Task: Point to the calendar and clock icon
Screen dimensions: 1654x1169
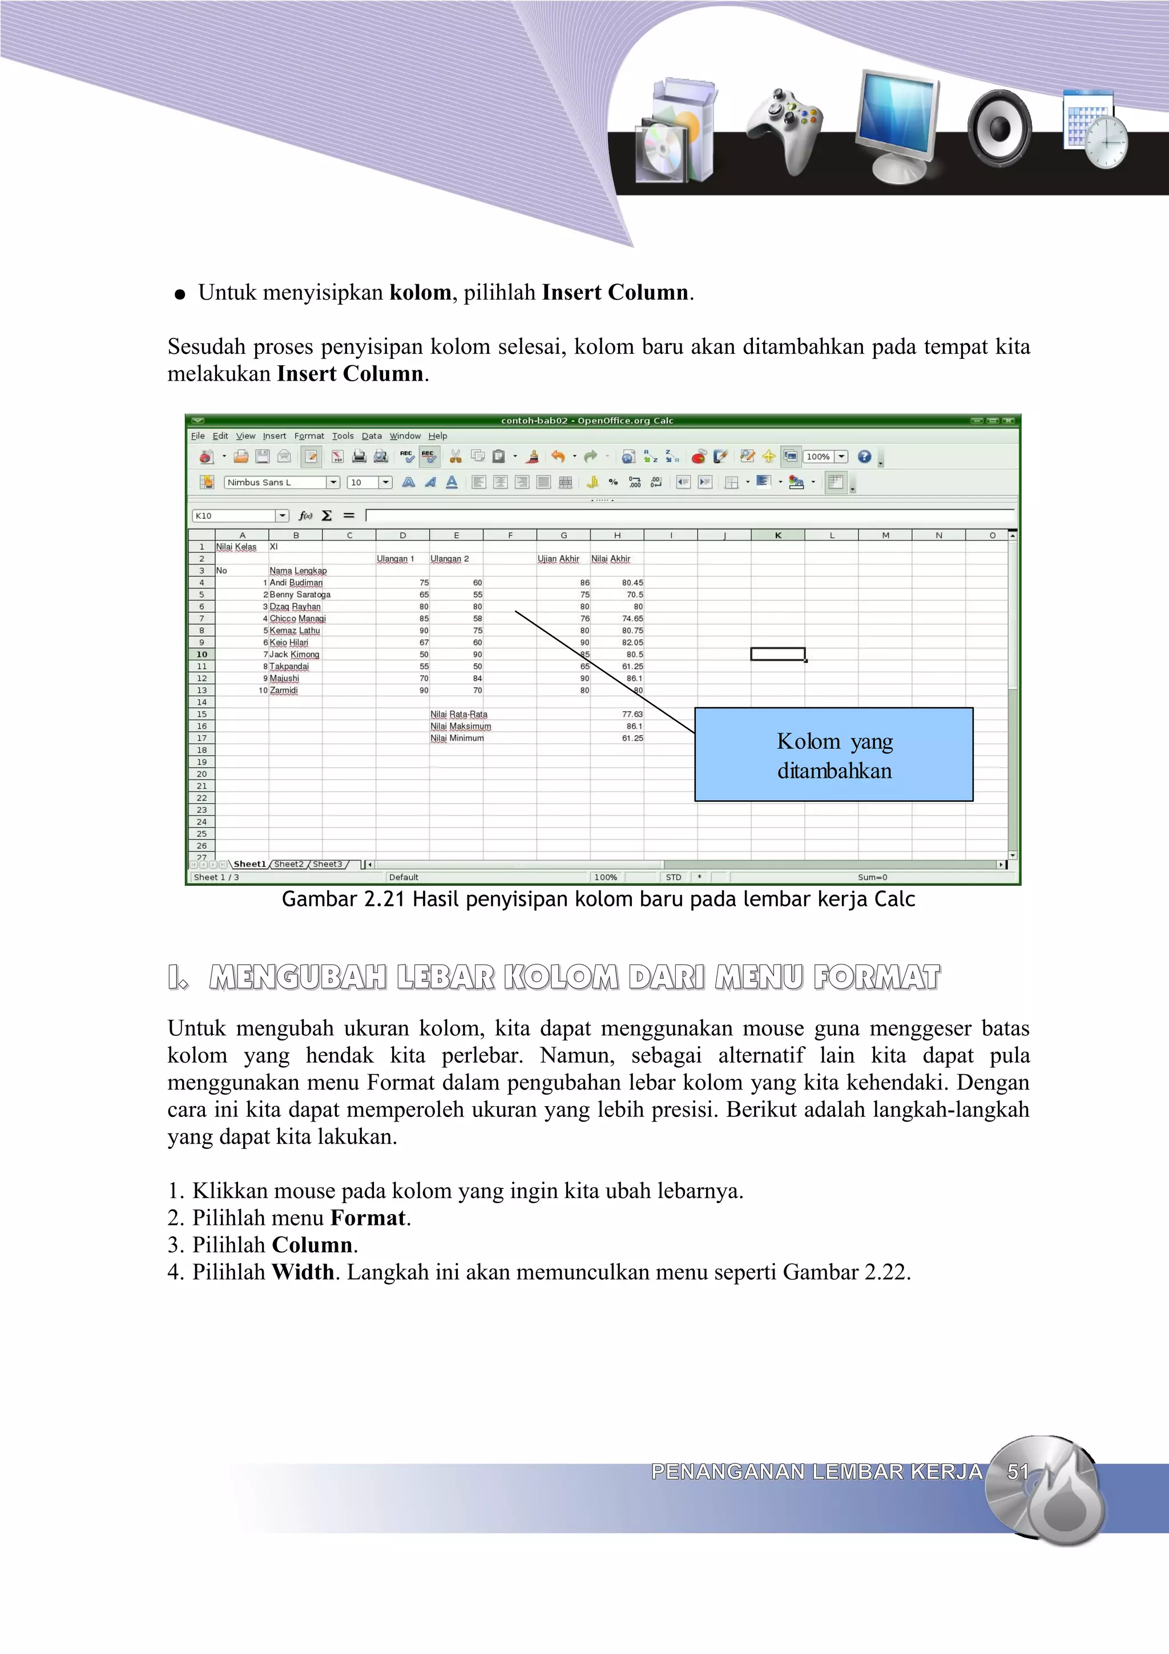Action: (1095, 128)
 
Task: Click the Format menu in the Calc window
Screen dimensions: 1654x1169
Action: (309, 436)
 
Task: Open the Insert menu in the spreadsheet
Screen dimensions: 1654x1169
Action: (274, 436)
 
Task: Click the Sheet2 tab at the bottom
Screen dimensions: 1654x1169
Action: (289, 864)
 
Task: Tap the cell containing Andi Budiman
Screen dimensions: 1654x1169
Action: (296, 583)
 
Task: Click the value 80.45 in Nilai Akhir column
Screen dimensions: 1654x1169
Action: (632, 583)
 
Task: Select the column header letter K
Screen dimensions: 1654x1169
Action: (778, 535)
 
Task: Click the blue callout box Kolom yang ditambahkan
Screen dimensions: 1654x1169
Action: (833, 755)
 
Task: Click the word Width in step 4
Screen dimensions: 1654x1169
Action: (303, 1272)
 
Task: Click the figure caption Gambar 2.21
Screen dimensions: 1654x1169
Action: (598, 899)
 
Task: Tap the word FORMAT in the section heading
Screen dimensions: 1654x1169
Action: (877, 978)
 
